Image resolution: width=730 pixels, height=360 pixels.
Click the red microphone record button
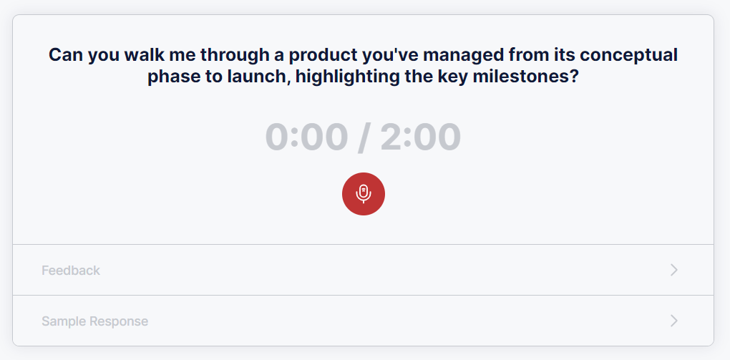(363, 194)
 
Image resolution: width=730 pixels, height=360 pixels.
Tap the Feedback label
(71, 270)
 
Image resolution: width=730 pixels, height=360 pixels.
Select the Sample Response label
(95, 321)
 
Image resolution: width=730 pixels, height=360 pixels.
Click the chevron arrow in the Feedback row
(673, 270)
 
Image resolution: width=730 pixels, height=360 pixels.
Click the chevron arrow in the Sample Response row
(673, 321)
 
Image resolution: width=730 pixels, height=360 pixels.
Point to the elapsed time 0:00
(306, 137)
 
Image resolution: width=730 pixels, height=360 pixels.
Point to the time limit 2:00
(420, 137)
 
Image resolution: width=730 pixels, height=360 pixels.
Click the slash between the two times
(364, 137)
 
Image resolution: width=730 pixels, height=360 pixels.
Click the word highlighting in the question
(347, 76)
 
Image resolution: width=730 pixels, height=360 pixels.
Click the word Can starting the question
(66, 55)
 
